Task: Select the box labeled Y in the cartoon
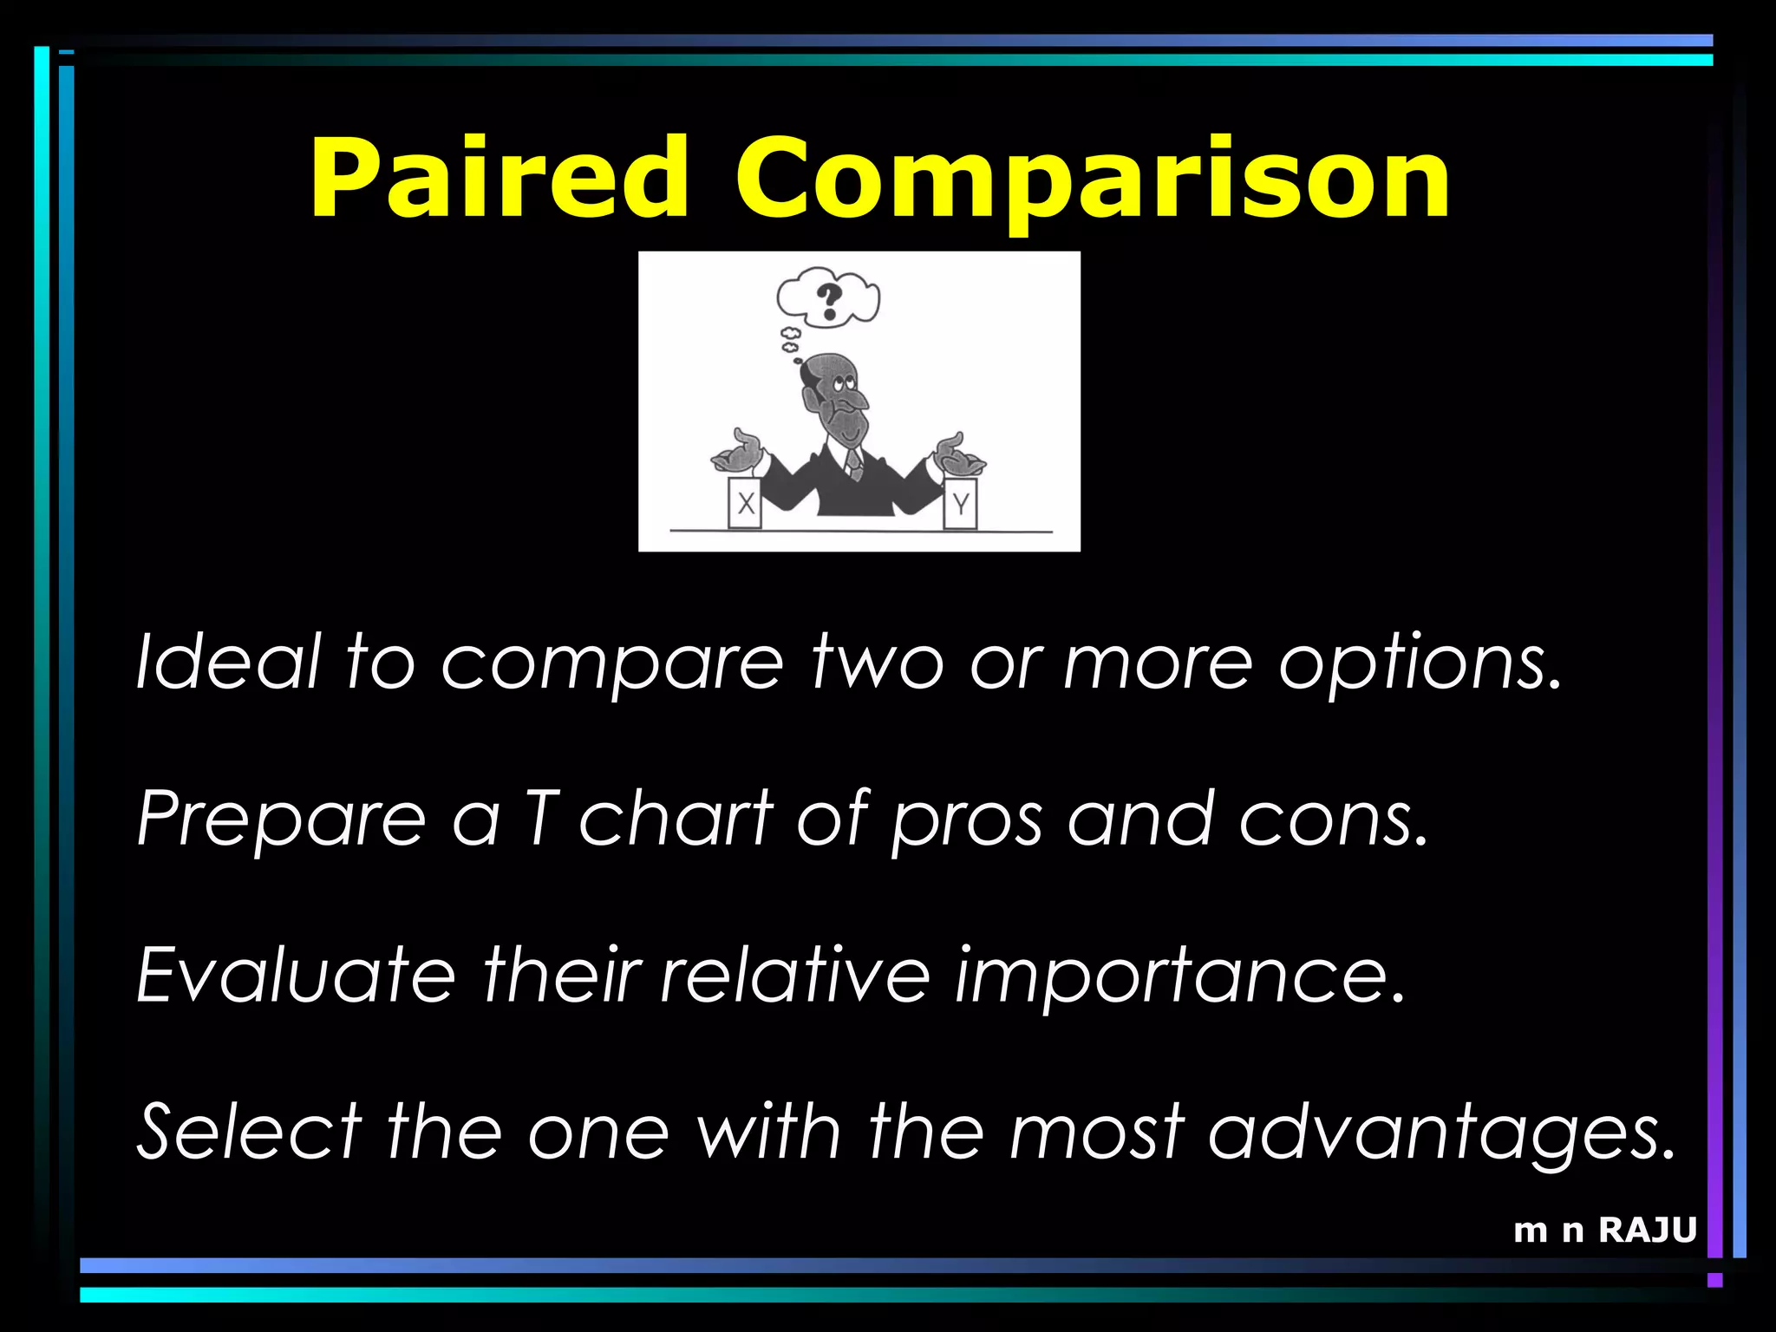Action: pyautogui.click(x=960, y=503)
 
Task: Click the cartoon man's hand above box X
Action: pyautogui.click(x=738, y=450)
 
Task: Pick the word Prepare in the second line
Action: pyautogui.click(x=282, y=820)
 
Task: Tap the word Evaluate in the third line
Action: pyautogui.click(x=296, y=975)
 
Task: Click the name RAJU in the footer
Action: pyautogui.click(x=1647, y=1230)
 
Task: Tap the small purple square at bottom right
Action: pyautogui.click(x=1714, y=1280)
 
